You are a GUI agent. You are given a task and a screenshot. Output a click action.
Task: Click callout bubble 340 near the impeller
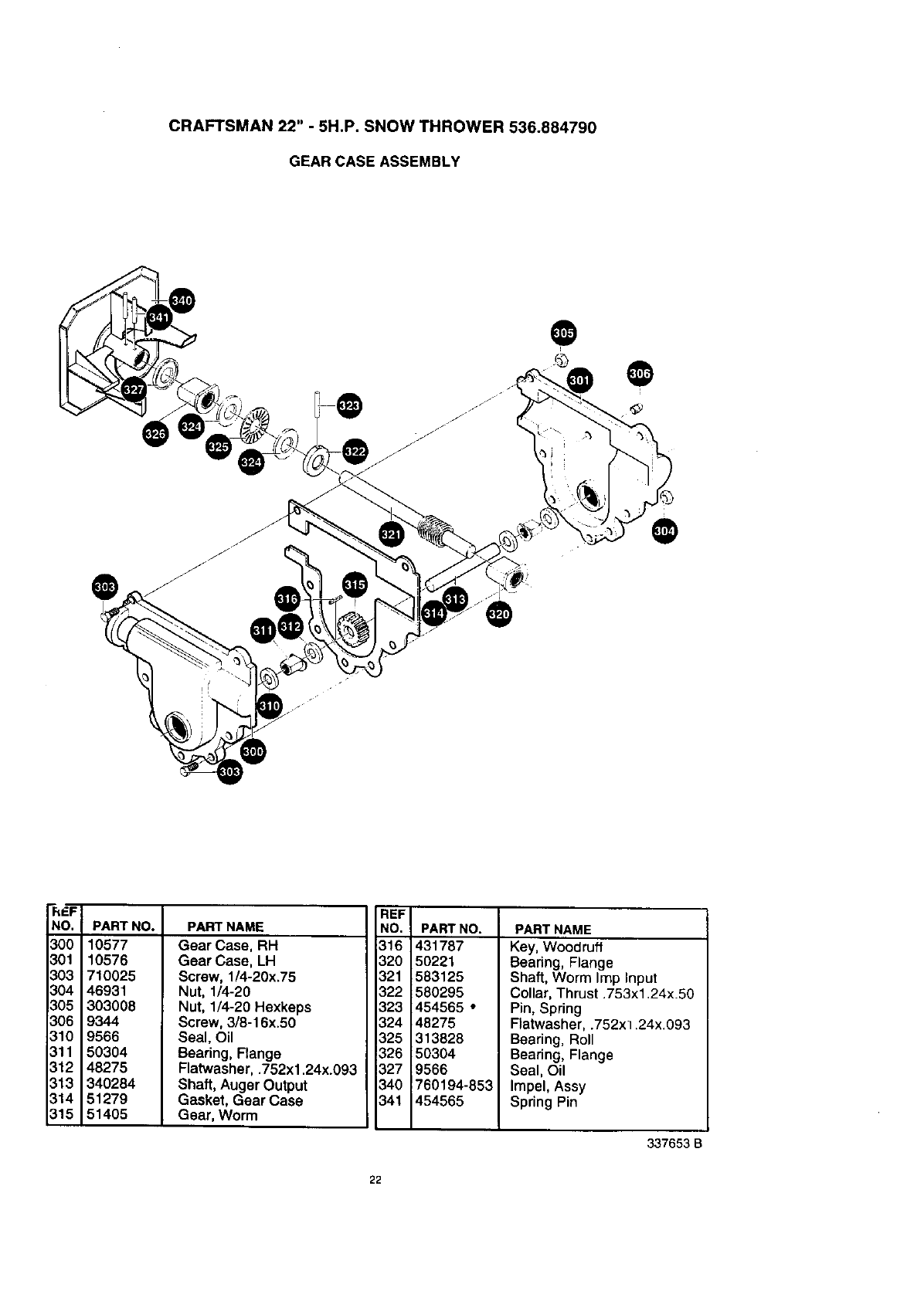tap(182, 301)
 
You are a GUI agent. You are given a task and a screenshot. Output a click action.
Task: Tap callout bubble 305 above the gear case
tap(563, 334)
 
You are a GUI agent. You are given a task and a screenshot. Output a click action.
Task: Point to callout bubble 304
tap(664, 531)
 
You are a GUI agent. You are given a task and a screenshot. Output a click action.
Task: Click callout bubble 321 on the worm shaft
tap(392, 534)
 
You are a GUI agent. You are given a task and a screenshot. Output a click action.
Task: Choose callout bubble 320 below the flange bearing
tap(499, 614)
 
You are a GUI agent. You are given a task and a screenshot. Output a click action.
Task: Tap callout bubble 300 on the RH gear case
tap(253, 751)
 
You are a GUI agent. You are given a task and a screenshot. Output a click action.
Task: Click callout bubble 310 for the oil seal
tap(269, 705)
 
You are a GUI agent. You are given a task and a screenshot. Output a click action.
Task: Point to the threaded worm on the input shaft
tap(436, 530)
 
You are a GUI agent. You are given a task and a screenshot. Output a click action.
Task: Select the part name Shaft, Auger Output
tap(243, 1085)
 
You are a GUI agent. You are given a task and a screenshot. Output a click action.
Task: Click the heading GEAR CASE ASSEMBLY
tap(374, 161)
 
